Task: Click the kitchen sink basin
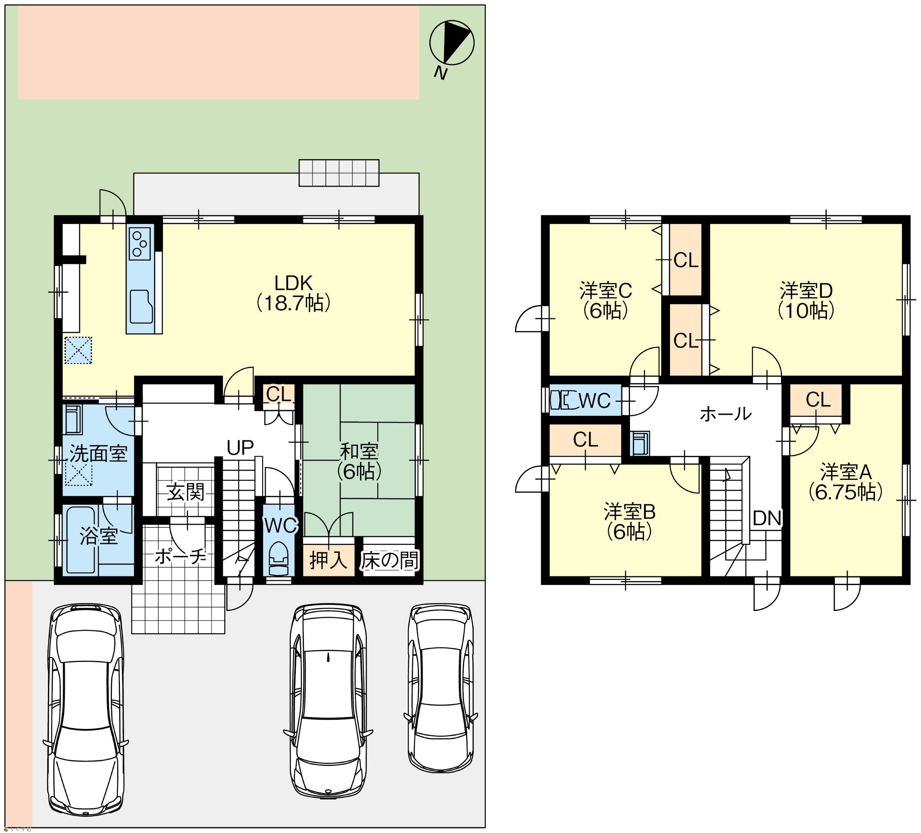tap(141, 307)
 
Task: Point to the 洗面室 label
tap(98, 454)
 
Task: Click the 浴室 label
tap(99, 535)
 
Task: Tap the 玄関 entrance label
tap(185, 493)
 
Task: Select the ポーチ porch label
tap(180, 556)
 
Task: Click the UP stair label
tap(240, 448)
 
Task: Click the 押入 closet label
tap(329, 560)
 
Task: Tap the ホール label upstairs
tap(726, 414)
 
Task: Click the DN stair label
tap(767, 518)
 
